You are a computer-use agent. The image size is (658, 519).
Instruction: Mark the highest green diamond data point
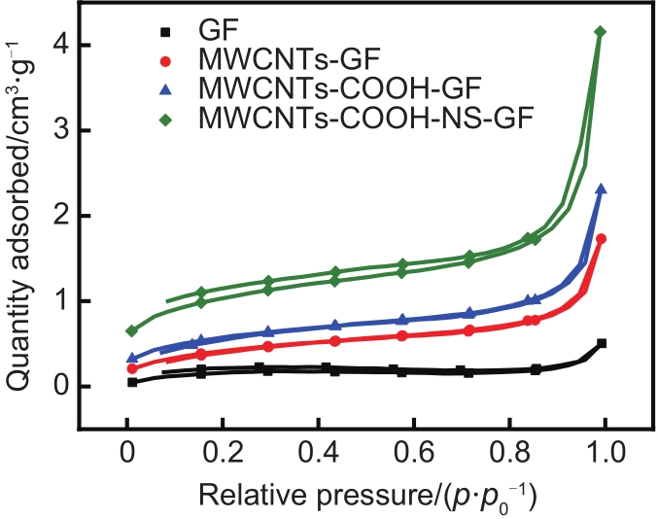(x=600, y=32)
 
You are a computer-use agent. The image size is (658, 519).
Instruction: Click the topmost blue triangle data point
(x=602, y=190)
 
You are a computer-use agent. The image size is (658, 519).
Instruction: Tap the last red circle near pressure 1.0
(x=602, y=239)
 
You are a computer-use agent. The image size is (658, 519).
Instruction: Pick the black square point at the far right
(x=602, y=343)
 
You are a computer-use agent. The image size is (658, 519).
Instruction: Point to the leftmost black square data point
(x=132, y=382)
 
